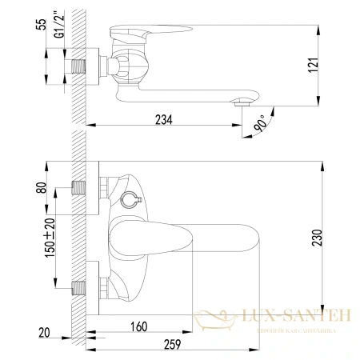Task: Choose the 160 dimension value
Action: point(140,327)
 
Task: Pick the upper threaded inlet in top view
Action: point(78,190)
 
